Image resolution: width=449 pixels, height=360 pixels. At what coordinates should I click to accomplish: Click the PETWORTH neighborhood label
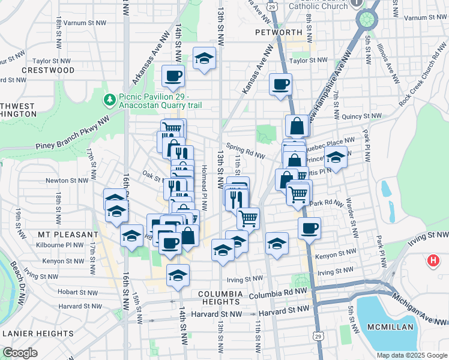click(278, 32)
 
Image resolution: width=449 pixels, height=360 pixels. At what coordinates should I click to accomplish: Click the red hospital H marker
click(432, 261)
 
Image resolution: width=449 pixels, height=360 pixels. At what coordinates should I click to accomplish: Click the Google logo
click(20, 353)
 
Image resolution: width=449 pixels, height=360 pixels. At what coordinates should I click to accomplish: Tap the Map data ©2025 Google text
click(412, 355)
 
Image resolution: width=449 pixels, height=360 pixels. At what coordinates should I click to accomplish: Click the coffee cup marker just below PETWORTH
click(280, 84)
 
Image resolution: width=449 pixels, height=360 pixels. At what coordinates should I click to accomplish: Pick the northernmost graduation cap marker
click(204, 58)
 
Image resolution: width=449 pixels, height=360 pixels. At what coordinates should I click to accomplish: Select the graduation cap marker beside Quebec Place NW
click(336, 158)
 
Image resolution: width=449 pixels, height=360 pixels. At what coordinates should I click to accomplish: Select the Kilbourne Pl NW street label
click(59, 245)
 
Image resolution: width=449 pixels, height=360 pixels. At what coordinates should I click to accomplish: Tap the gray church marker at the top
click(357, 2)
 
